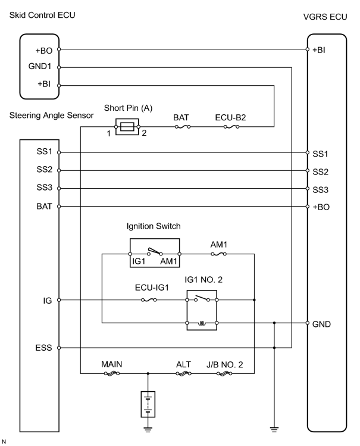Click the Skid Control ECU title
click(x=42, y=15)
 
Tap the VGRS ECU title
click(x=325, y=17)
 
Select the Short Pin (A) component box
click(x=127, y=127)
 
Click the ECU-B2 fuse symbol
click(x=231, y=127)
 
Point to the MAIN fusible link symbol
click(x=112, y=373)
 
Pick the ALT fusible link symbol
click(x=183, y=373)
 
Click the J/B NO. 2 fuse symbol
click(x=224, y=373)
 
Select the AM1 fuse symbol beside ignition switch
click(x=218, y=254)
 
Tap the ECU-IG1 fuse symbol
click(x=149, y=300)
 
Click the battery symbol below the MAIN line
click(x=148, y=404)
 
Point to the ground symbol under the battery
click(x=148, y=429)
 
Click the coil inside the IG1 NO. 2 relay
click(x=202, y=323)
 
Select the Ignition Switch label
click(x=154, y=226)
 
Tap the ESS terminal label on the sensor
click(x=43, y=348)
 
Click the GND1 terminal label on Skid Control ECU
click(x=40, y=66)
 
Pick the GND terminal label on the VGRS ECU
click(x=321, y=325)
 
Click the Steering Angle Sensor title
click(x=51, y=115)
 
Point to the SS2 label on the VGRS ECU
click(x=320, y=172)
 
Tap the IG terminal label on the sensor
click(x=48, y=301)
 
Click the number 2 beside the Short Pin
click(x=144, y=133)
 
